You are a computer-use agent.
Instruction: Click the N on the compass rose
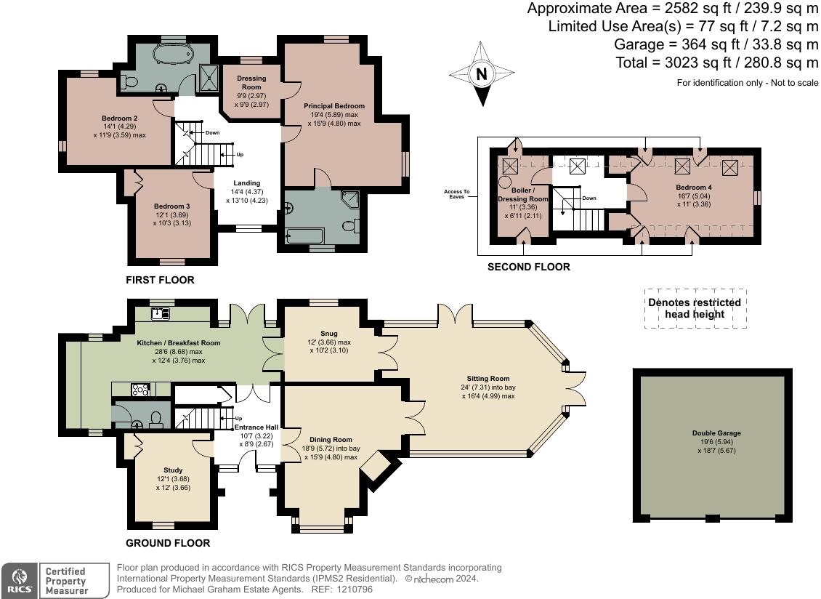tap(482, 74)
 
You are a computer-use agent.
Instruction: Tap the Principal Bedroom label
tap(334, 106)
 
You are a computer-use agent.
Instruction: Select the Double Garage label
tap(716, 433)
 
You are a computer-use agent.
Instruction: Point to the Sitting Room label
tap(488, 378)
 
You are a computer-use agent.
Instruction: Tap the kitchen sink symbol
tap(161, 313)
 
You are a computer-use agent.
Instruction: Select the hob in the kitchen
tap(140, 390)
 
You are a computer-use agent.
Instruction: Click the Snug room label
tap(329, 333)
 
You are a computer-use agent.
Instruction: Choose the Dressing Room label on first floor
tap(251, 82)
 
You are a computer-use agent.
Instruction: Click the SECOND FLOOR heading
tap(529, 267)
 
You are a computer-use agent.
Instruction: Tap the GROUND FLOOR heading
tap(168, 543)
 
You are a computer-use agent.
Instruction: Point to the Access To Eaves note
tap(456, 194)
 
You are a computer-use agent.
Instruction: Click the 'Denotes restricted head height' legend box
tap(695, 309)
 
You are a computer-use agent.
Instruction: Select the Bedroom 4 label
tap(694, 187)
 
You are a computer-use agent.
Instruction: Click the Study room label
tap(173, 470)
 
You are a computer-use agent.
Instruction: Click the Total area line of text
tap(717, 63)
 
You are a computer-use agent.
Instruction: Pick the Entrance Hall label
tap(256, 427)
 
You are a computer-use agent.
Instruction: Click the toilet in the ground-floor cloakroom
tap(155, 419)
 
